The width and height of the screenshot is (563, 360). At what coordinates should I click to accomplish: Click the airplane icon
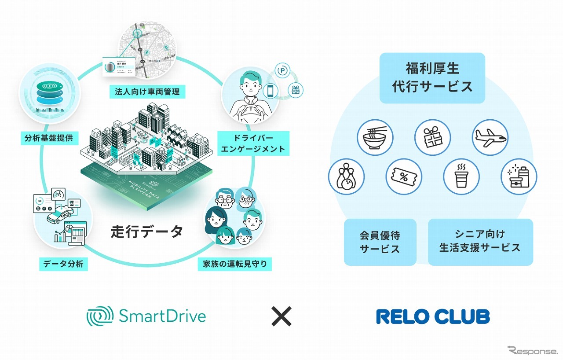point(490,137)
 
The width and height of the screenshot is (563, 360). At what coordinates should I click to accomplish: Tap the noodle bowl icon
point(375,137)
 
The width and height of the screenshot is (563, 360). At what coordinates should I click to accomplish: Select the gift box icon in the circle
point(432,137)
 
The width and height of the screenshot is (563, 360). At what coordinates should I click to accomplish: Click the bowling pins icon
point(346,176)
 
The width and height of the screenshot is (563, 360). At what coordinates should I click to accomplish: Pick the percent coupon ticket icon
point(404,176)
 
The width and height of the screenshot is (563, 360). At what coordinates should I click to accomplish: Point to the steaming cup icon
point(461,176)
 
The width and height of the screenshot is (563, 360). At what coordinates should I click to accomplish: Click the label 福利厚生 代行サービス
point(432,78)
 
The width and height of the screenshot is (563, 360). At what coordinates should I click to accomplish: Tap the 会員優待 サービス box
point(380,242)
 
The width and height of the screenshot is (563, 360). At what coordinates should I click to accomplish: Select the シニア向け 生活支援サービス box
point(480,242)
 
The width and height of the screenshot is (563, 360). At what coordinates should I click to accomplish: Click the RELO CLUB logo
point(433,316)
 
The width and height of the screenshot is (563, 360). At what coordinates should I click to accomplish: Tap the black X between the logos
point(281,316)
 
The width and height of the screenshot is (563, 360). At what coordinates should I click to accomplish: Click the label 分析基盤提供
point(49,139)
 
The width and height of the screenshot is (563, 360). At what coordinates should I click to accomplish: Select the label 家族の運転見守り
point(234,264)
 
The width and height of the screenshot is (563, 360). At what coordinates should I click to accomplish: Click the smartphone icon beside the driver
point(271,91)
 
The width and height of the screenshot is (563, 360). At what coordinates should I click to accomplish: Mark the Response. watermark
point(532,351)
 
